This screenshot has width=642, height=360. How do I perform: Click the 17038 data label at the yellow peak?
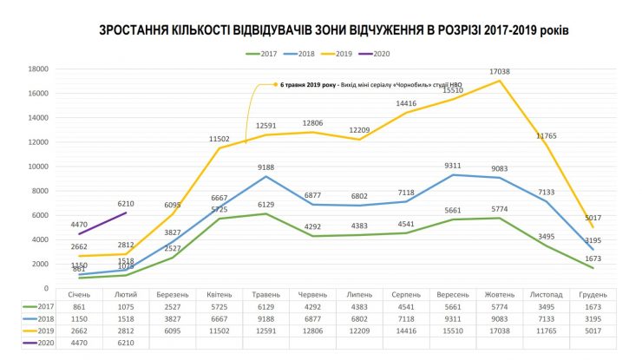[x=501, y=72]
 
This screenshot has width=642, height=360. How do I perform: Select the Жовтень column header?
[x=500, y=295]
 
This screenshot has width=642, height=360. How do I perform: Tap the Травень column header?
[x=264, y=295]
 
